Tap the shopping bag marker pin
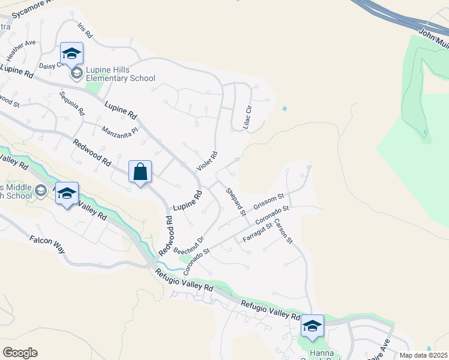coord(140,172)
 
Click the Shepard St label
coord(236,202)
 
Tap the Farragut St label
coord(257,232)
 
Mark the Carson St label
coord(283,231)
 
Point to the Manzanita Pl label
coord(120,130)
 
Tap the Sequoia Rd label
coord(72,103)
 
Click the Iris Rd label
coord(83,29)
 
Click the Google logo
coord(20,352)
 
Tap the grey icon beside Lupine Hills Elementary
coord(77,74)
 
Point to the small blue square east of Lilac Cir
coord(284,109)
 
